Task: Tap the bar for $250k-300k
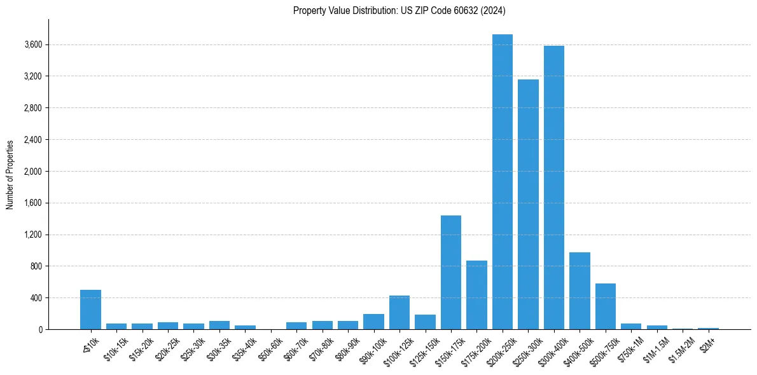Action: [x=528, y=204]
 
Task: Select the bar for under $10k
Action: [x=90, y=310]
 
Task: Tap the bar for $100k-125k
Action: [x=399, y=312]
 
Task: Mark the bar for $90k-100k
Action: [x=373, y=322]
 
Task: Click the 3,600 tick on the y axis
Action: [x=33, y=45]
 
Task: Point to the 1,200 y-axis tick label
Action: [x=33, y=235]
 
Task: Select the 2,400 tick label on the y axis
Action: [x=33, y=140]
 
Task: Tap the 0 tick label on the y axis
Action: [x=39, y=329]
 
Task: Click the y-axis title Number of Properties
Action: [x=10, y=175]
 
